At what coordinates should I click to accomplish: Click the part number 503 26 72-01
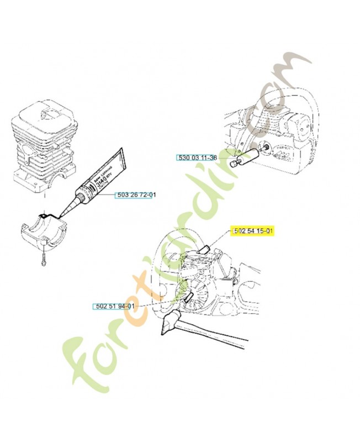click(x=136, y=195)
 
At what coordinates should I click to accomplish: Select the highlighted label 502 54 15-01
click(x=253, y=231)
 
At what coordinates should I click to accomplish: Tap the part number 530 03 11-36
click(x=196, y=158)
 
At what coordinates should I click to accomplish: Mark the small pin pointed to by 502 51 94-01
click(x=188, y=298)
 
